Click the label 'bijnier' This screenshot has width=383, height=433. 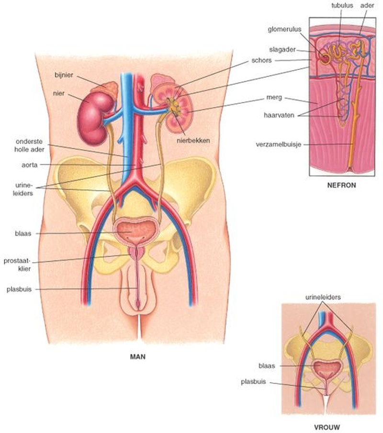tap(64, 75)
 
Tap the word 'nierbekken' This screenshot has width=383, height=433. tap(193, 141)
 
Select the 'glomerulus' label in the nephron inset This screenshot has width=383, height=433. tap(284, 29)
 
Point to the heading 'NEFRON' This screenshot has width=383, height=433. tap(341, 185)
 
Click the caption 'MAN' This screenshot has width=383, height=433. tap(137, 357)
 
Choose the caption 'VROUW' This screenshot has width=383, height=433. tap(327, 427)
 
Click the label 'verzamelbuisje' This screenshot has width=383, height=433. tap(279, 144)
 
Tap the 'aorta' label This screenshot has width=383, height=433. tap(30, 165)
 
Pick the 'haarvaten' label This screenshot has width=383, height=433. tap(279, 115)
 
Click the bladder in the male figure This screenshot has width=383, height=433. tap(135, 230)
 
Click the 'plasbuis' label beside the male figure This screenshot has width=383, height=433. tap(19, 289)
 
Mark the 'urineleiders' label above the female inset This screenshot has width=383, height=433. tap(323, 297)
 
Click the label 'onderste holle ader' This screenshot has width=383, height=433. tap(29, 145)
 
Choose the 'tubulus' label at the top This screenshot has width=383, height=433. tap(342, 5)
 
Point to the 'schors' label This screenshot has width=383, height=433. tap(261, 60)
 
